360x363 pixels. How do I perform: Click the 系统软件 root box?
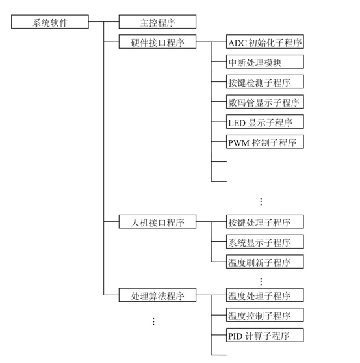tap(50, 21)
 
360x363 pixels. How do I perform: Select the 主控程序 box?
tap(157, 21)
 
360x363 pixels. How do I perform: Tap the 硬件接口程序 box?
tap(157, 42)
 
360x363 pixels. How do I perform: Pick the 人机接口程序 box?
tap(157, 222)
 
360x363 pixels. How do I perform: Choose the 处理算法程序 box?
tap(157, 295)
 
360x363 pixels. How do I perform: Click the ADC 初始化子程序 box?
tap(265, 42)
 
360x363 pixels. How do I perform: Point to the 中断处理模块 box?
tap(265, 62)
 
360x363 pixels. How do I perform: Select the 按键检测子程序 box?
tap(265, 82)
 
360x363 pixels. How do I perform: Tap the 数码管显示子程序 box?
tap(265, 101)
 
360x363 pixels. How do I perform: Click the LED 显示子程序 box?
tap(265, 122)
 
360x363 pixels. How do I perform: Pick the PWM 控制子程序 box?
tap(265, 142)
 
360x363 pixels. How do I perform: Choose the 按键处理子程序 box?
tap(265, 222)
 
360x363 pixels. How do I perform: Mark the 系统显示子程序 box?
tap(265, 242)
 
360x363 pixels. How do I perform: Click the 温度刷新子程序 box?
tap(265, 262)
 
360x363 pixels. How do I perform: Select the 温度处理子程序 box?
tap(265, 295)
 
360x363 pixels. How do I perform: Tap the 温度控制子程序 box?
tap(265, 315)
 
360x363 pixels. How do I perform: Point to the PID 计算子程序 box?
tap(265, 335)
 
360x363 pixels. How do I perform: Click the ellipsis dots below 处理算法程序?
tap(153, 321)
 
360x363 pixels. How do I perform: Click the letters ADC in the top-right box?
tap(237, 43)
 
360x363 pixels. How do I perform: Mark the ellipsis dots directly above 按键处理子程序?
tap(261, 202)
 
